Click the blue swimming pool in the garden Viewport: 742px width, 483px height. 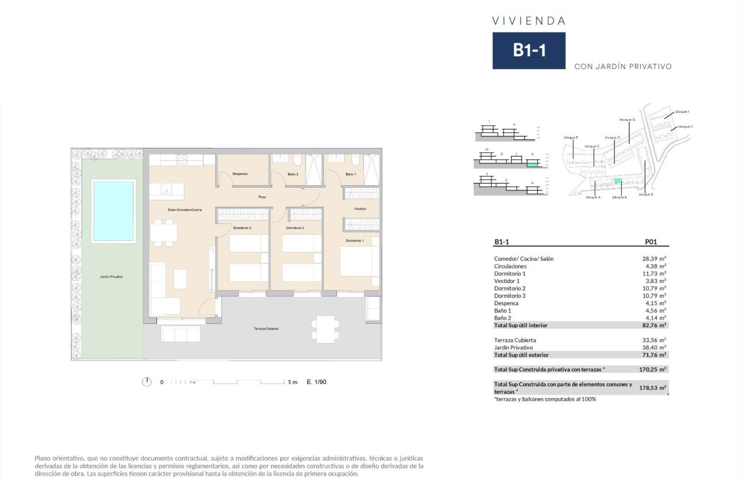point(113,210)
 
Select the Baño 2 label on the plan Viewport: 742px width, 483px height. point(292,174)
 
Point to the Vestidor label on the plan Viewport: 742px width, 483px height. point(360,209)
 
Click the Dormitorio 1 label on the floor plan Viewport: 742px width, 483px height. point(354,240)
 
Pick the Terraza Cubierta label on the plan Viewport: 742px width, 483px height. point(266,328)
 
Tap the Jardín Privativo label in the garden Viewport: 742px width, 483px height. point(111,277)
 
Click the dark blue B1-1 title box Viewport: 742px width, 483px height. point(529,51)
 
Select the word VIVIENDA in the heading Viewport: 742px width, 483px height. point(529,21)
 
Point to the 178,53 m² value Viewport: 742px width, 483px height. point(653,388)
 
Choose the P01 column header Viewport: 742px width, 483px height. point(652,242)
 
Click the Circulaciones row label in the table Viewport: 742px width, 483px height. point(510,266)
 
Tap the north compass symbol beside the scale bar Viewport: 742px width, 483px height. point(147,382)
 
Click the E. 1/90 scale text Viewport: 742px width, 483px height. point(317,382)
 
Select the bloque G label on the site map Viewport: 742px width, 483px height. point(627,120)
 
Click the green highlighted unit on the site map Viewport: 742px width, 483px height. point(618,182)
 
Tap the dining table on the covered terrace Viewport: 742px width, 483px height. point(326,329)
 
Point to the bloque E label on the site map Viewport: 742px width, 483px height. point(645,194)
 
